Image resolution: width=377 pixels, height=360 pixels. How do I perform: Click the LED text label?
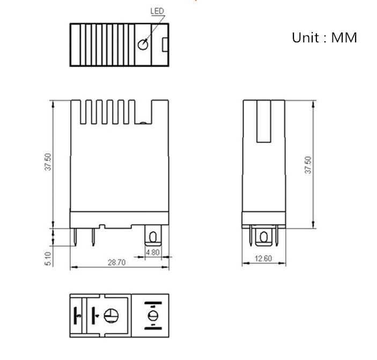(x=157, y=11)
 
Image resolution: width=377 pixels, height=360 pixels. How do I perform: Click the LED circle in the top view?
(x=143, y=45)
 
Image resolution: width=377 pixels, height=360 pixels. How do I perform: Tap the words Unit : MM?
(x=324, y=38)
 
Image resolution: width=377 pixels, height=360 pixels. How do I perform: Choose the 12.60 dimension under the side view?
(x=263, y=259)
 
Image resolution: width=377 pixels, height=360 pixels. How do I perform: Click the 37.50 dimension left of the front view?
(x=48, y=162)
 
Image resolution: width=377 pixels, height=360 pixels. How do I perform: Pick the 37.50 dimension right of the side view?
(x=308, y=165)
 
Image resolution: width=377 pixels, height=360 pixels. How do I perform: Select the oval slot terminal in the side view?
(x=263, y=237)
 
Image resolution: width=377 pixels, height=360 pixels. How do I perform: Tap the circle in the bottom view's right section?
(x=151, y=314)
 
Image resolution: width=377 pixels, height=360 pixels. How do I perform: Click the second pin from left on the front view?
(x=93, y=238)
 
